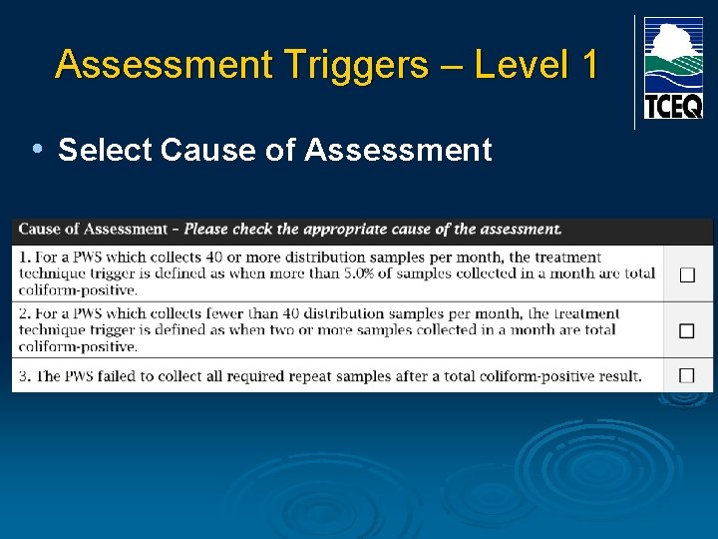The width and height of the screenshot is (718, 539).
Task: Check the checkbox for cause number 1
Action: point(687,274)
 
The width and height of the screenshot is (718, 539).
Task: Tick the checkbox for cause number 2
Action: point(687,330)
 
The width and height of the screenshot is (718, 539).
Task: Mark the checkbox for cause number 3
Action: point(687,375)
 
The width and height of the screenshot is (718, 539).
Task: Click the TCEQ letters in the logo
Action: point(672,106)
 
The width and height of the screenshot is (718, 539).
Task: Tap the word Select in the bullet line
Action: point(105,151)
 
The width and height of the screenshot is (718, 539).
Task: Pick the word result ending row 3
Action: point(615,376)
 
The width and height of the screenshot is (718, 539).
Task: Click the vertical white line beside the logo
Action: point(634,72)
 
